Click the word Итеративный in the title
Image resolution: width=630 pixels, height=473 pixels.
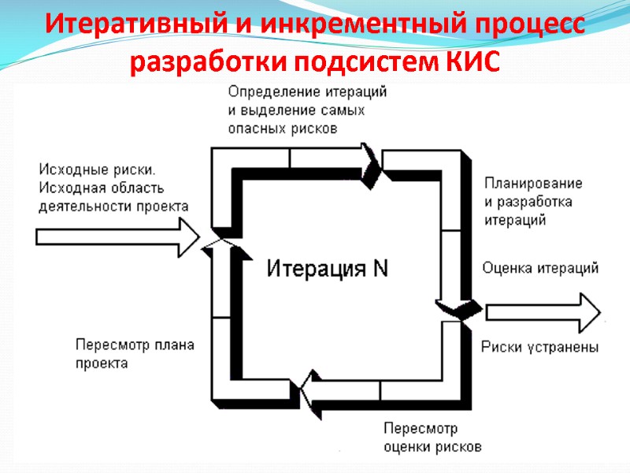117,24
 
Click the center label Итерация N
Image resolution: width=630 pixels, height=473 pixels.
327,269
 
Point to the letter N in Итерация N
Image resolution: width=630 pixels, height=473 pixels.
380,269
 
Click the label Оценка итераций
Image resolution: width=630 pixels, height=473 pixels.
540,268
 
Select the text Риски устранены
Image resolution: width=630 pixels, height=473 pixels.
539,347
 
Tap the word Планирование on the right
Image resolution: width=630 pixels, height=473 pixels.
533,183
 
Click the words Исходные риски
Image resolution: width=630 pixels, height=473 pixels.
97,169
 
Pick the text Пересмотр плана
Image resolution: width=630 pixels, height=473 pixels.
135,345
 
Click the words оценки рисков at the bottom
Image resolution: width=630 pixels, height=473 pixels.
432,446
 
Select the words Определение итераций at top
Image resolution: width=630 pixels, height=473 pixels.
308,91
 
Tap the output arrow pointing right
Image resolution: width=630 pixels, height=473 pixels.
543,311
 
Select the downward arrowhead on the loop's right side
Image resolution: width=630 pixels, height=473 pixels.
452,307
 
